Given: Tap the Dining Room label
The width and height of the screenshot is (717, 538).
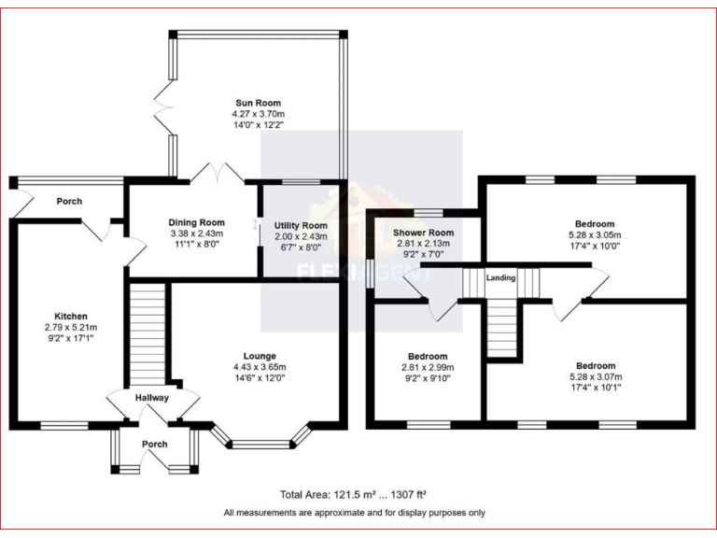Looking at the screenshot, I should [197, 221].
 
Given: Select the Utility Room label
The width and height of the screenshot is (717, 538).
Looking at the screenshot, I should [301, 226].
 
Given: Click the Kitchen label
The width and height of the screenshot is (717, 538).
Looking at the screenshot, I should [71, 317].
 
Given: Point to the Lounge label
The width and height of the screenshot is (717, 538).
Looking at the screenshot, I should [259, 356].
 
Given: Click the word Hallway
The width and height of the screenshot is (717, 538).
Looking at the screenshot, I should [151, 398].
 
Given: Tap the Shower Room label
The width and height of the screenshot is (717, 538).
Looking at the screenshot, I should [423, 233].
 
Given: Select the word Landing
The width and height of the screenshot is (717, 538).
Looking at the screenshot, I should [501, 276].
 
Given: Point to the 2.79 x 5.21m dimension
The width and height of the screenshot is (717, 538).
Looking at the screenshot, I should [71, 328].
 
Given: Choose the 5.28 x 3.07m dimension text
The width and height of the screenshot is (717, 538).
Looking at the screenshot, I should [595, 376].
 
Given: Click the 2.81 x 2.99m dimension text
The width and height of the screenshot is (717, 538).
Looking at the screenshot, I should [428, 367].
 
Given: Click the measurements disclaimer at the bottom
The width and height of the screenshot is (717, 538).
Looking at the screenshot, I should [354, 512].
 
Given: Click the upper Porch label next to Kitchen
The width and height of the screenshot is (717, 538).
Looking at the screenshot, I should [69, 201].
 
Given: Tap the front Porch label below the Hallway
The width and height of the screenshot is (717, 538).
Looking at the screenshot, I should [154, 444].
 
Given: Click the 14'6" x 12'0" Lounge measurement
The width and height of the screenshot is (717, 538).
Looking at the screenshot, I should [259, 377].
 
